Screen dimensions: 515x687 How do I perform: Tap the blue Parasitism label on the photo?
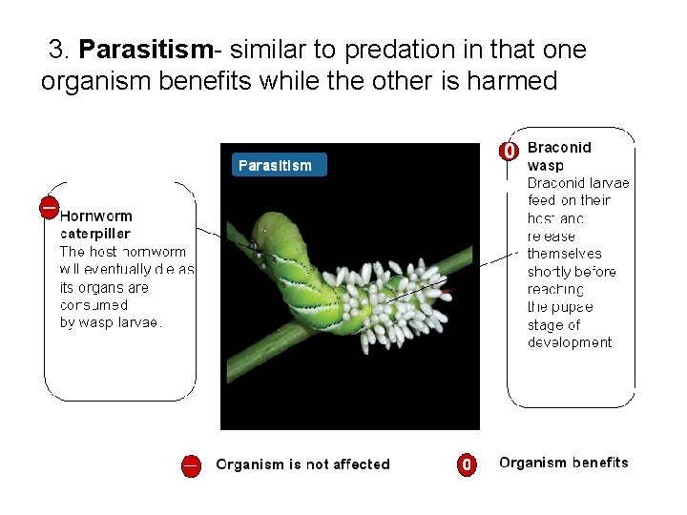(x=276, y=165)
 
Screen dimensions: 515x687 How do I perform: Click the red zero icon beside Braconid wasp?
(x=510, y=151)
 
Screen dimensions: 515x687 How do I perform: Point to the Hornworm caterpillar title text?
(x=95, y=225)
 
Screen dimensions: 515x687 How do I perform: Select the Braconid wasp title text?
(x=559, y=155)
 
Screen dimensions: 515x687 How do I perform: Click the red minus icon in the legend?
(x=191, y=465)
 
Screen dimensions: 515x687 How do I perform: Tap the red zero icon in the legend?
(x=466, y=464)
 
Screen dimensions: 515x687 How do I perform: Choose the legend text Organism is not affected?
(x=302, y=464)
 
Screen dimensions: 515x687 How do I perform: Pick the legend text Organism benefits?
(x=563, y=463)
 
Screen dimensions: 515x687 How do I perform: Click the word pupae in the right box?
(x=572, y=307)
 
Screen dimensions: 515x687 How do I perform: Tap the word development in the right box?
(x=570, y=342)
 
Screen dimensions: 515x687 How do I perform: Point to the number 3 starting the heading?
(x=57, y=49)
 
